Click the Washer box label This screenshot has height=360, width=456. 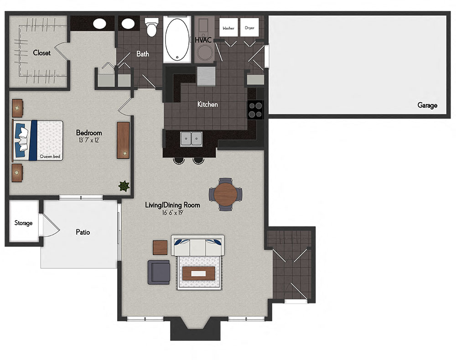pos(228,28)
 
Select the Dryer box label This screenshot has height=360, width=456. pos(249,28)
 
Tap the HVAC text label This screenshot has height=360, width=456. pos(203,40)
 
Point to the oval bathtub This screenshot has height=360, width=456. pos(176,40)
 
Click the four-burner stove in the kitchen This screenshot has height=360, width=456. pos(255,109)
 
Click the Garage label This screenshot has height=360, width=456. pos(427,105)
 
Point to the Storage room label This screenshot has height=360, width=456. pos(23,223)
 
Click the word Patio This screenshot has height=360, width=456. pos(83,232)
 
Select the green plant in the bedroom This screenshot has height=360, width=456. pos(124,185)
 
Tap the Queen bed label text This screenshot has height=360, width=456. pos(50,156)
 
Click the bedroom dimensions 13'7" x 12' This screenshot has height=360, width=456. pos(89,140)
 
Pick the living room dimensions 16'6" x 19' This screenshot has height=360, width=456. pos(172,213)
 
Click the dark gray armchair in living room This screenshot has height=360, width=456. pos(159,272)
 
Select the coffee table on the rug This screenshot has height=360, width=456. pos(199,273)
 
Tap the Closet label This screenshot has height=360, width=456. pos(41,53)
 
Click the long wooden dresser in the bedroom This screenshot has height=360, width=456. pos(123,140)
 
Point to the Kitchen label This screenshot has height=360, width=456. pos(207,104)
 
